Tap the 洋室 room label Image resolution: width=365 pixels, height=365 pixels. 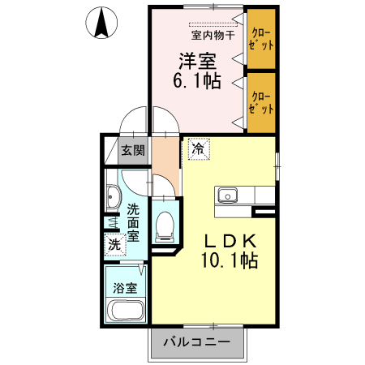pos(197,59)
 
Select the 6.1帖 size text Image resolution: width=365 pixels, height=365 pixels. pos(197,80)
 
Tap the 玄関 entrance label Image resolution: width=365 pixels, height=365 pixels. pos(134,150)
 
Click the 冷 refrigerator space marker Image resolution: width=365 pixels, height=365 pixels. pos(198,148)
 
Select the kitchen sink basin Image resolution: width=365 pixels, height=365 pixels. pos(225,195)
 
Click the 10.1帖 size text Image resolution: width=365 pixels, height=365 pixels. pos(229,261)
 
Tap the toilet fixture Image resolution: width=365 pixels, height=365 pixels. pos(165,225)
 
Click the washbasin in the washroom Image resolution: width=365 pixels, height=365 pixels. pos(114,197)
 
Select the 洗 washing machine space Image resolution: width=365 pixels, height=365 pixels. pos(114,243)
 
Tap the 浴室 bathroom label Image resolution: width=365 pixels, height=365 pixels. pos(125,287)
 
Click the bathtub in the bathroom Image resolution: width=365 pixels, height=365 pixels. pos(125,310)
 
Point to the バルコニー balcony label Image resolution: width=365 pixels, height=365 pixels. pos(197,341)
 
